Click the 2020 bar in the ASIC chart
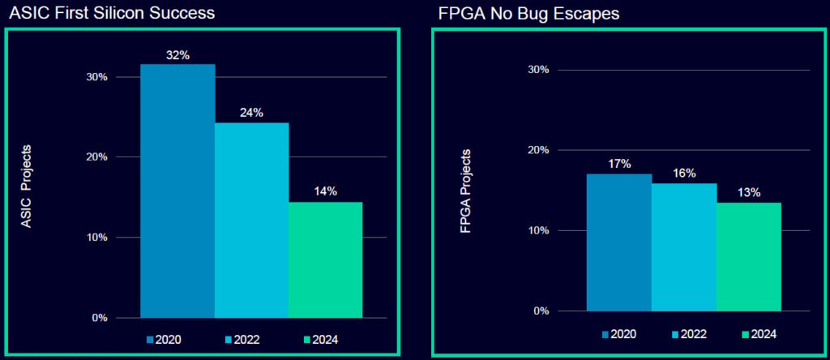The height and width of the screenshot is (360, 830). coord(178,191)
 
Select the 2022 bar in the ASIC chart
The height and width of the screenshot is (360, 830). coord(251,220)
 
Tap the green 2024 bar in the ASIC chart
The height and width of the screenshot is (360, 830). coord(325,259)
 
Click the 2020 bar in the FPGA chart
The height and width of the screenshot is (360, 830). coord(619,242)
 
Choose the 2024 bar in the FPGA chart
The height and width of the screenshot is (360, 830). coord(749,256)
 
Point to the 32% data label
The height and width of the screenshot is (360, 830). coord(178,55)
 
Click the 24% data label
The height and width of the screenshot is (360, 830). coord(251,113)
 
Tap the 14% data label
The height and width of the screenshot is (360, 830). coord(325,191)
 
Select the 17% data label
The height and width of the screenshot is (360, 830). coord(619,164)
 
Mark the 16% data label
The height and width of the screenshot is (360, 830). coord(684,173)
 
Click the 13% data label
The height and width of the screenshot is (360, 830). coord(749,192)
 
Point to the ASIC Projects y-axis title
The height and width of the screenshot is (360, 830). coord(26,186)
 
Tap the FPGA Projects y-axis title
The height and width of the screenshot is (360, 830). coord(465,191)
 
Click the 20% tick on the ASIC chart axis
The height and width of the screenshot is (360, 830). coord(97,157)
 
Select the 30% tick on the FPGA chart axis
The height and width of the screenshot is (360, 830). coord(539,70)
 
